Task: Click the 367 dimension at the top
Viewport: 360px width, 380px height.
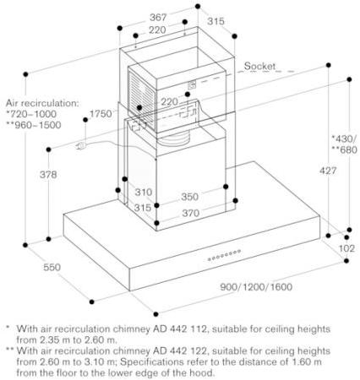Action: (158, 18)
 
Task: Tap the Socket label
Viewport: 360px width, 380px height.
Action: (259, 66)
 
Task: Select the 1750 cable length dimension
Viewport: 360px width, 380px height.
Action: (101, 114)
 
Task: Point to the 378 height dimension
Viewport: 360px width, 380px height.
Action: (48, 175)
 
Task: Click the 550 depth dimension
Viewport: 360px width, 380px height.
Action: (52, 267)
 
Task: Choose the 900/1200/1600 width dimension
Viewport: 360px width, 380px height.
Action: (256, 287)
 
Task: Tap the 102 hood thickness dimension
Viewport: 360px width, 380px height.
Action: (346, 248)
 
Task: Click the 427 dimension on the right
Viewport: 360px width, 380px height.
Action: (328, 171)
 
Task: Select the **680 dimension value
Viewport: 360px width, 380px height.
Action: (345, 149)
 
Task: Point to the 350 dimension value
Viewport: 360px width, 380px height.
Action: (189, 197)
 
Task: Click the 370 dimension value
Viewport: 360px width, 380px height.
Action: (191, 213)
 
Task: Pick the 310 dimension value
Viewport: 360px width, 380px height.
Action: (144, 192)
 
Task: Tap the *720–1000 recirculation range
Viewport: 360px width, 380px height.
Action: (31, 114)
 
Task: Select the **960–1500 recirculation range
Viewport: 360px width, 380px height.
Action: (34, 125)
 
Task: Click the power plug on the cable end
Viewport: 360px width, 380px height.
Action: (80, 146)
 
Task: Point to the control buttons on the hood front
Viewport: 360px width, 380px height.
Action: (224, 255)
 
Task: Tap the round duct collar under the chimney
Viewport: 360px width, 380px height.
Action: (173, 138)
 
